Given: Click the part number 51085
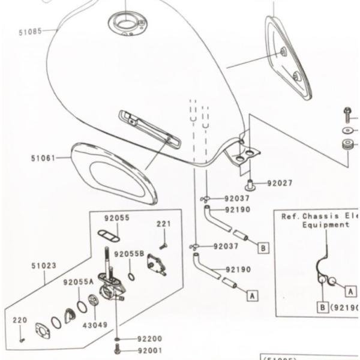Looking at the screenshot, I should point(30,31).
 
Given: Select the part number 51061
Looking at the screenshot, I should point(43,158).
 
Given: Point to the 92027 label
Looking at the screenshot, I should point(280,182).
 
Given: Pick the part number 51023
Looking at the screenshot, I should point(44,265).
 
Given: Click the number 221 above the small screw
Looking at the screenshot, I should point(164,224).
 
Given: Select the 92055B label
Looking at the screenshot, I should point(130,254).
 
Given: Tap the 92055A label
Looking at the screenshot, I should point(79,281).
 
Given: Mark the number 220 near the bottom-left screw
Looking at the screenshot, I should point(20,320).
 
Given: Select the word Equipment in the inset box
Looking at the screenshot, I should point(326,224).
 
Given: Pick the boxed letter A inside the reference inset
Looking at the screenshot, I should point(350,290).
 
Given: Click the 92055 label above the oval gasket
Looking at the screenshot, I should point(116,218).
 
